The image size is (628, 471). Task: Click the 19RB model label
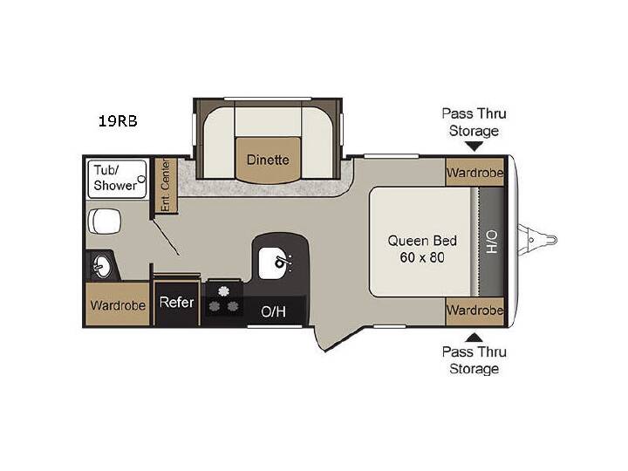(118, 120)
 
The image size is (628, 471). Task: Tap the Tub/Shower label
(115, 178)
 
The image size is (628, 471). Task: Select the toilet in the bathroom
(104, 222)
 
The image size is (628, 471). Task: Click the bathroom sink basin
(102, 266)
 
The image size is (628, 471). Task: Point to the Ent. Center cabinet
(166, 186)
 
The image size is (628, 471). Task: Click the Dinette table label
(268, 160)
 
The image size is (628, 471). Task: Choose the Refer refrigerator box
(176, 303)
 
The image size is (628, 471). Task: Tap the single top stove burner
(223, 291)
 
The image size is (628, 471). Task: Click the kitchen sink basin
(273, 263)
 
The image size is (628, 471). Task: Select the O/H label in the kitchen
(274, 311)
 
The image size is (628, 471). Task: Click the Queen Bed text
(422, 241)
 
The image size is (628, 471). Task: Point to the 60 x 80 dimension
(422, 257)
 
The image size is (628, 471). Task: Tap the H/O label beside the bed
(492, 242)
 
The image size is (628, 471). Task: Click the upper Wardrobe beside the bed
(474, 172)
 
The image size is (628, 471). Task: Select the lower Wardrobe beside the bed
(474, 311)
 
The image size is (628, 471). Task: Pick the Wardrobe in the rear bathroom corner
(118, 304)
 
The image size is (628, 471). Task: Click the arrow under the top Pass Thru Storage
(474, 147)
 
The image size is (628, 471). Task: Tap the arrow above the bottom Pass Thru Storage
(474, 338)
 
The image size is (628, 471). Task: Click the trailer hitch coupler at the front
(537, 241)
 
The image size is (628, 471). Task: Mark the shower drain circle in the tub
(141, 179)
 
